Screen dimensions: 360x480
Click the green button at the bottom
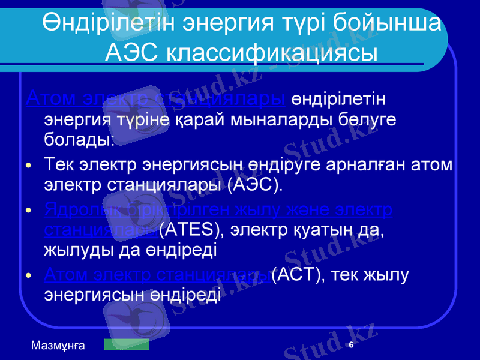pyautogui.click(x=126, y=344)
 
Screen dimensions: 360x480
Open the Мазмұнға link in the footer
pyautogui.click(x=58, y=345)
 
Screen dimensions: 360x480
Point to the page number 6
pyautogui.click(x=351, y=345)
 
